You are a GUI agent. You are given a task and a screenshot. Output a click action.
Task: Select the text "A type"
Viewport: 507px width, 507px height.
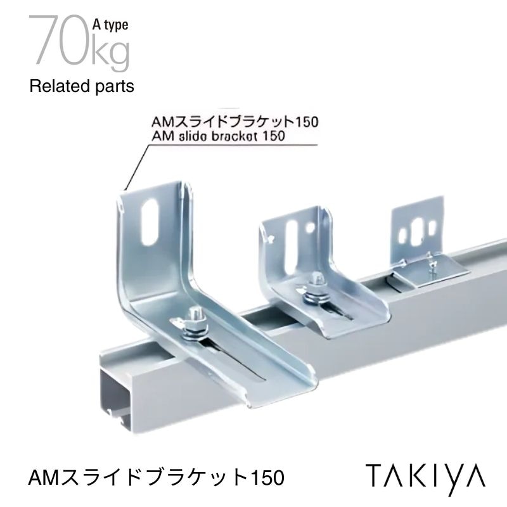[x=112, y=25]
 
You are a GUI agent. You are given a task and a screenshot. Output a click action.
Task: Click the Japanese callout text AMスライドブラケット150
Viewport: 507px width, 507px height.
[x=234, y=122]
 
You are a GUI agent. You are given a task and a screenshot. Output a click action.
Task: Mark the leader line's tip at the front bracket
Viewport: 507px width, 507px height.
[x=126, y=189]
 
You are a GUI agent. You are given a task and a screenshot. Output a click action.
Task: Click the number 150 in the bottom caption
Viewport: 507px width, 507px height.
[x=265, y=476]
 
